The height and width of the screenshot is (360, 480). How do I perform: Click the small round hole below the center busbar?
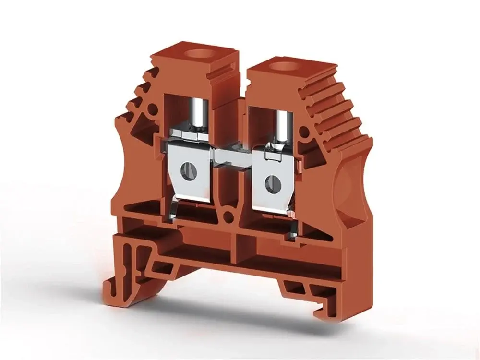coord(230,216)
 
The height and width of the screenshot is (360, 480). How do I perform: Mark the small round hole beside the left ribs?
coord(152,109)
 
